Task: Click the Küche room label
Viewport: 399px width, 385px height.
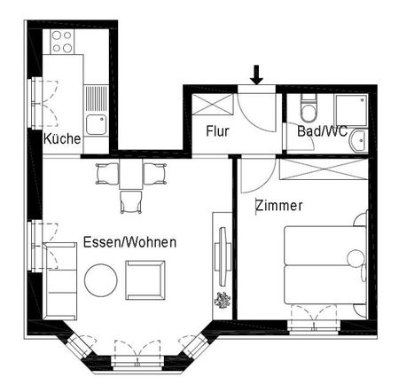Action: [62, 139]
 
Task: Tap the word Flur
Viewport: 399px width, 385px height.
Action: [218, 131]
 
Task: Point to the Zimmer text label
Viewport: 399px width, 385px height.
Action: [278, 206]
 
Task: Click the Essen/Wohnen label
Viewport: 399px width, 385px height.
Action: [129, 242]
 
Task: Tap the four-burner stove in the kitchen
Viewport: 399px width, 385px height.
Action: [63, 40]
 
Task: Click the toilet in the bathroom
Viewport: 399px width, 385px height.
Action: [306, 109]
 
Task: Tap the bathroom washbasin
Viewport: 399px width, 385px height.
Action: [358, 140]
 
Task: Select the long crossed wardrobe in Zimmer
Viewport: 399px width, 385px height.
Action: [323, 169]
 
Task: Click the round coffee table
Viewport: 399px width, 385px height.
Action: [100, 282]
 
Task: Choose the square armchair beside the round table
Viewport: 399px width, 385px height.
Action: [145, 279]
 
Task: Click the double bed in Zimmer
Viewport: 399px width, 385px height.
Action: [325, 264]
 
